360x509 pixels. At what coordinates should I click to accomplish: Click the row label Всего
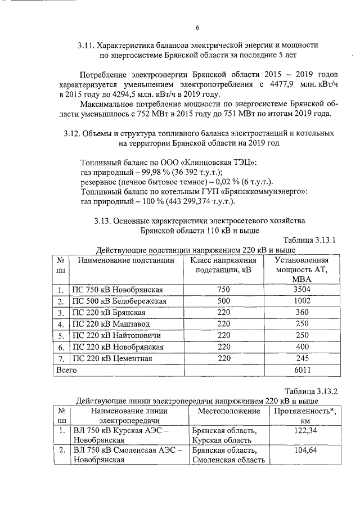click(x=65, y=370)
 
